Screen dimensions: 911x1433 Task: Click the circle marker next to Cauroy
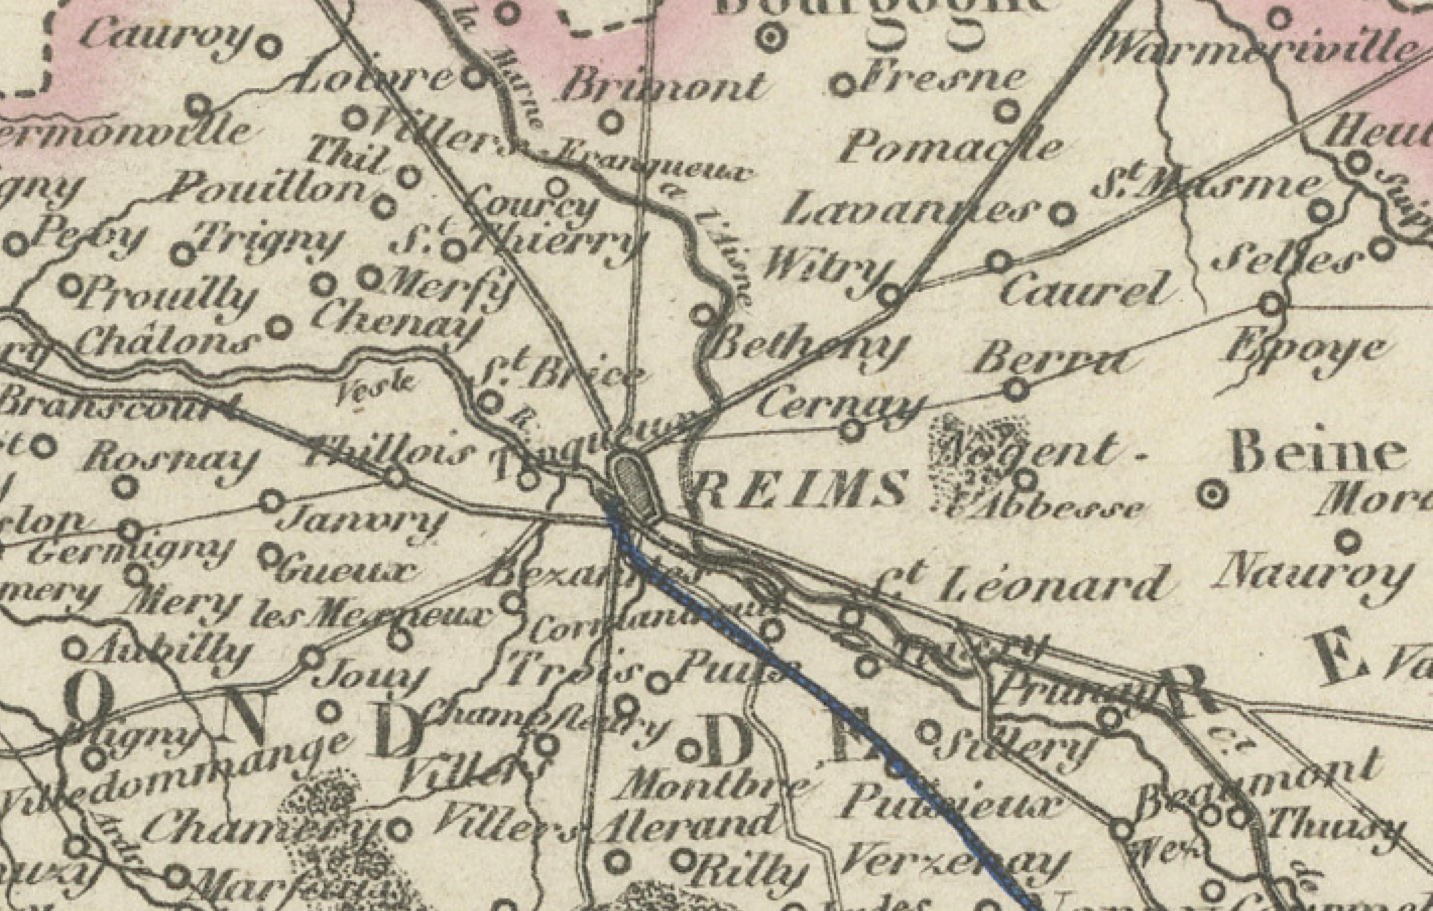click(268, 46)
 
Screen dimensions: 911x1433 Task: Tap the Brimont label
click(661, 88)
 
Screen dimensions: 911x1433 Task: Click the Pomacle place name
click(949, 148)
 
